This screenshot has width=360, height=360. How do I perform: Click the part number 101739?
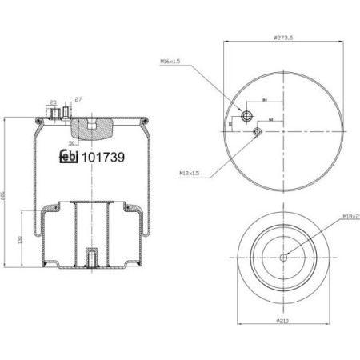pyautogui.click(x=104, y=158)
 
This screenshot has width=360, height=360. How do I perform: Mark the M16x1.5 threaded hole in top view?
pyautogui.click(x=246, y=113)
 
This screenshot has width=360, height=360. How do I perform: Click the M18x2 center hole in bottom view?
pyautogui.click(x=284, y=257)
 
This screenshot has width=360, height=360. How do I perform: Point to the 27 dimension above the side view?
pyautogui.click(x=78, y=99)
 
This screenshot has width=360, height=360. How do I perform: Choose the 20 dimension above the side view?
pyautogui.click(x=53, y=102)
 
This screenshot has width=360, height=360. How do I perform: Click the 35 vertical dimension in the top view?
pyautogui.click(x=230, y=124)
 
